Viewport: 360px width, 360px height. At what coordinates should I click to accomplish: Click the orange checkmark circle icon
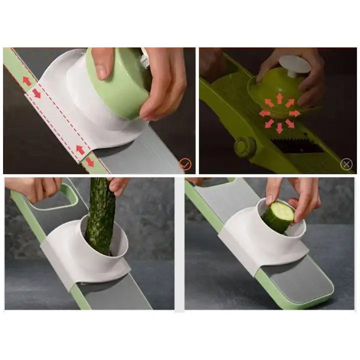[x=185, y=163]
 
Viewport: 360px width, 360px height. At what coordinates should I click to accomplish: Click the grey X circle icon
[x=346, y=163]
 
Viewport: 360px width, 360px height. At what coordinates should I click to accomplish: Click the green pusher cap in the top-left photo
[x=117, y=85]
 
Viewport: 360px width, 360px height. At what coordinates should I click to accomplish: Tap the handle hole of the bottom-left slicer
[x=50, y=200]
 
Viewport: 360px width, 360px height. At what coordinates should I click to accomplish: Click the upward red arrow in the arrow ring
[x=279, y=97]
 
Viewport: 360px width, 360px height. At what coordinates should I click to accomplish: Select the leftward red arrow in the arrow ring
[x=264, y=113]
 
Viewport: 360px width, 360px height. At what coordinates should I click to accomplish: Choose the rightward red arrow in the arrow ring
[x=294, y=113]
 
